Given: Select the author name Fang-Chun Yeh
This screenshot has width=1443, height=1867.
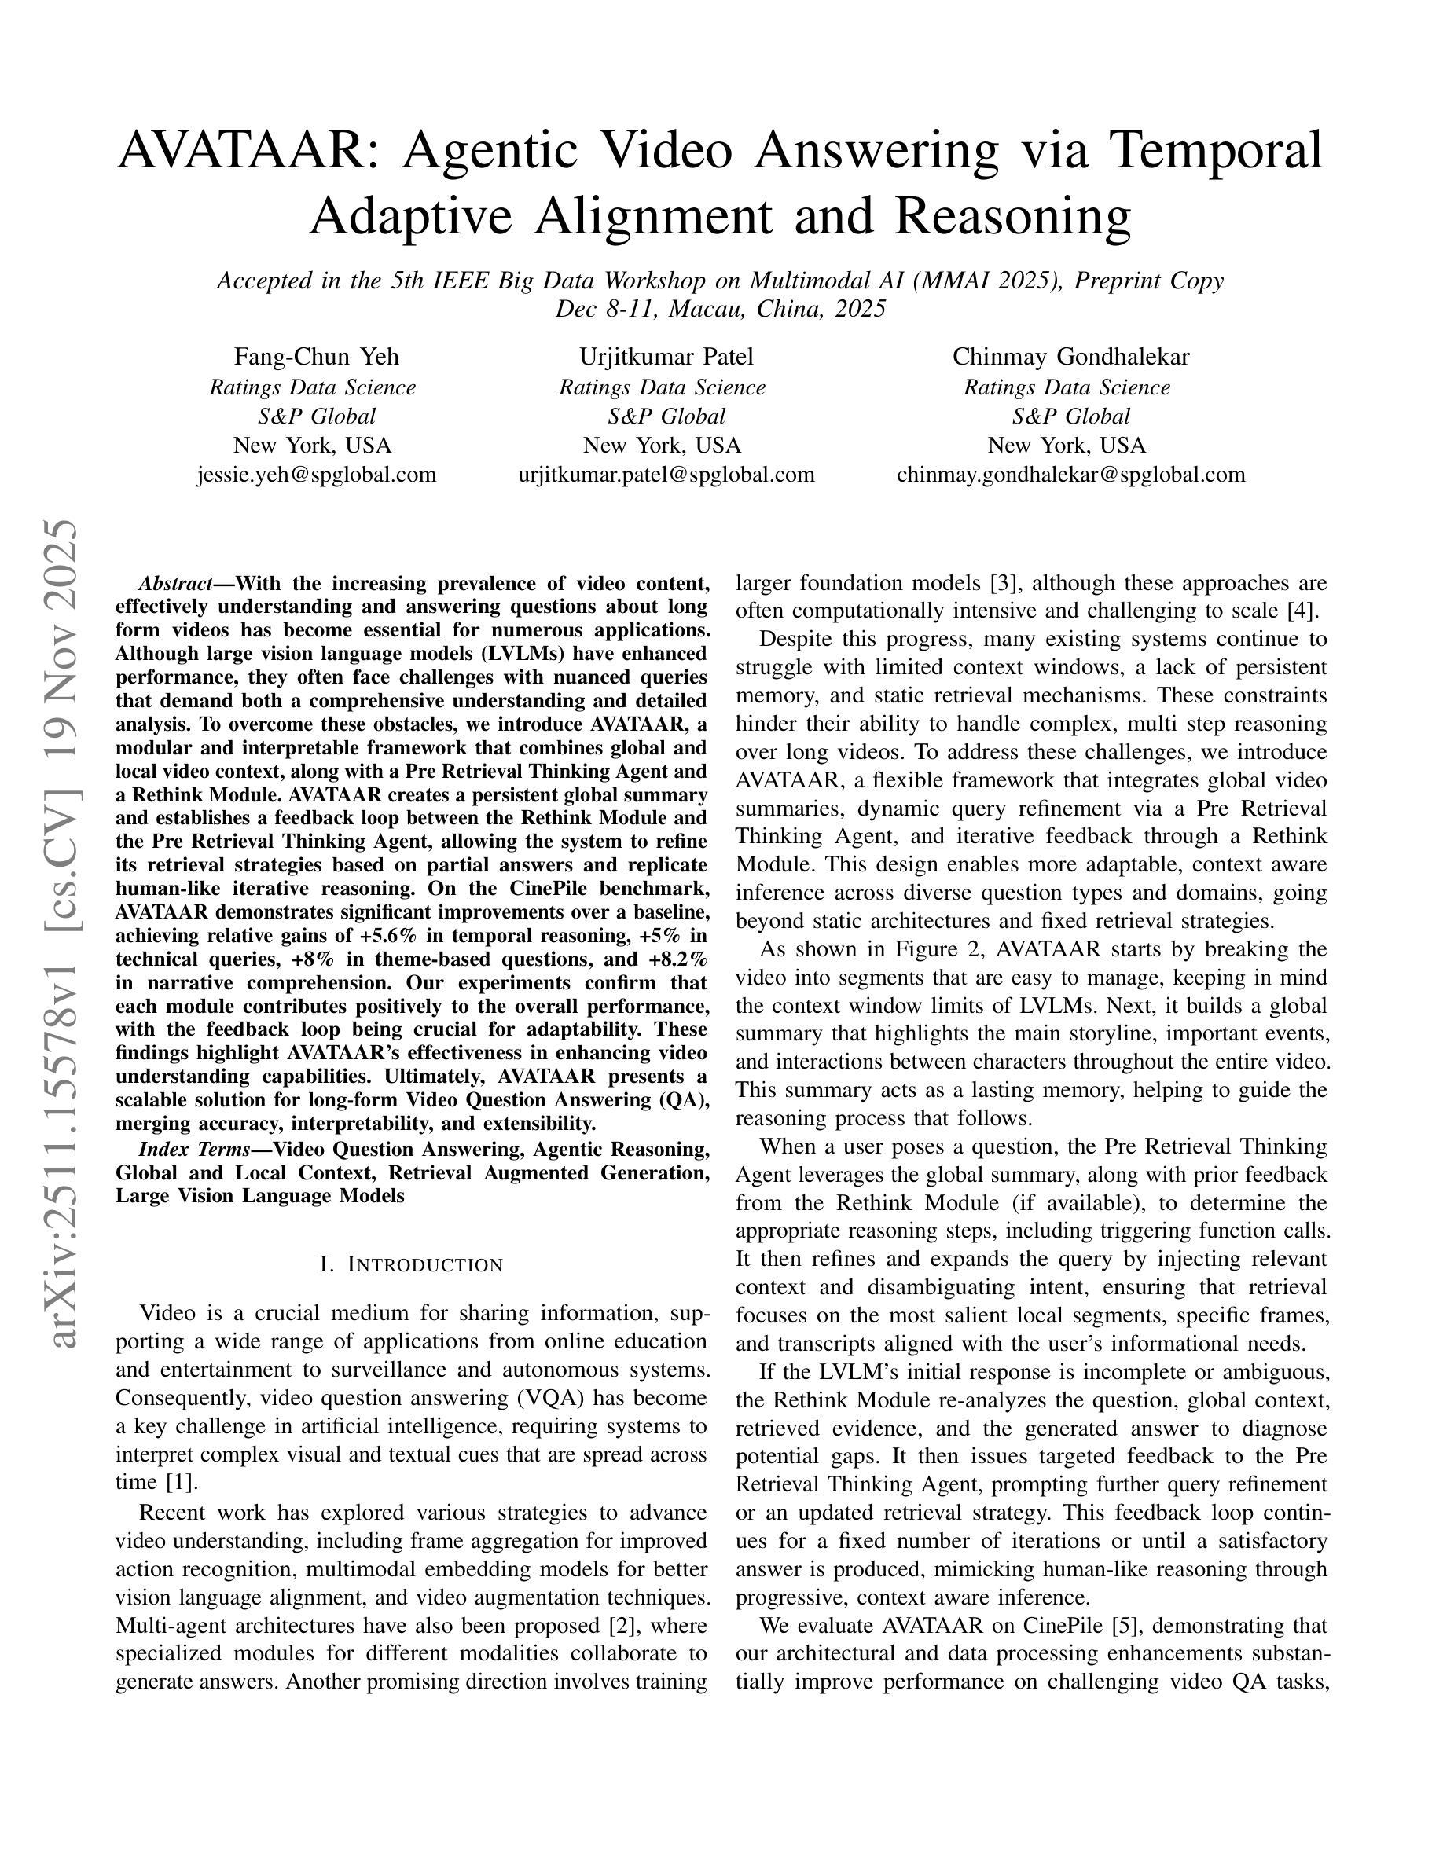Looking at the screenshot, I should pos(316,357).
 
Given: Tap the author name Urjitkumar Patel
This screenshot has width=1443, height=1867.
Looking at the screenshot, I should pos(666,357).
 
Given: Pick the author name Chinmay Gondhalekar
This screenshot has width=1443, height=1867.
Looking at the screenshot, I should pos(1070,357).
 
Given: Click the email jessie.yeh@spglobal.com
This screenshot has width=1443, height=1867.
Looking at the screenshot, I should pos(316,475).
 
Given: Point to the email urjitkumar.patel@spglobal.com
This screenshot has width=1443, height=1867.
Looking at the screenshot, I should pos(666,475).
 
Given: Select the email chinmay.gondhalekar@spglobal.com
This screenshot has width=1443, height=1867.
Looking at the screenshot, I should pos(1070,475).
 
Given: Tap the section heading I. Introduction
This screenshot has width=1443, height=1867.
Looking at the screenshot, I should pos(411,1264).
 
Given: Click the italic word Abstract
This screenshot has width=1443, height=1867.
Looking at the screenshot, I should pos(175,584).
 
